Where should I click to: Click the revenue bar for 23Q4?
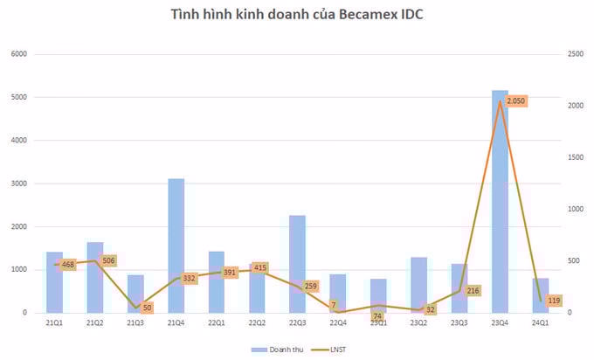point(500,201)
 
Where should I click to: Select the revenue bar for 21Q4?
point(176,246)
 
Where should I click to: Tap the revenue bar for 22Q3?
point(297,263)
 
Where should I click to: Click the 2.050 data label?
point(516,101)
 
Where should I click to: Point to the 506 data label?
point(109,260)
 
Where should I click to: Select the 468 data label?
point(68,264)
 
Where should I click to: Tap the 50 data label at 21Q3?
point(147,308)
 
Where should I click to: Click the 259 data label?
point(312,286)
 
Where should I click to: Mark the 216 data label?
point(473,290)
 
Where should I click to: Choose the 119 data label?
point(555,301)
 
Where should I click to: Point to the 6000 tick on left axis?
point(19,54)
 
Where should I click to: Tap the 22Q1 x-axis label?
point(216,323)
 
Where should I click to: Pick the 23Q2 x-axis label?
point(418,323)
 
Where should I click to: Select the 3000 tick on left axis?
point(19,183)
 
